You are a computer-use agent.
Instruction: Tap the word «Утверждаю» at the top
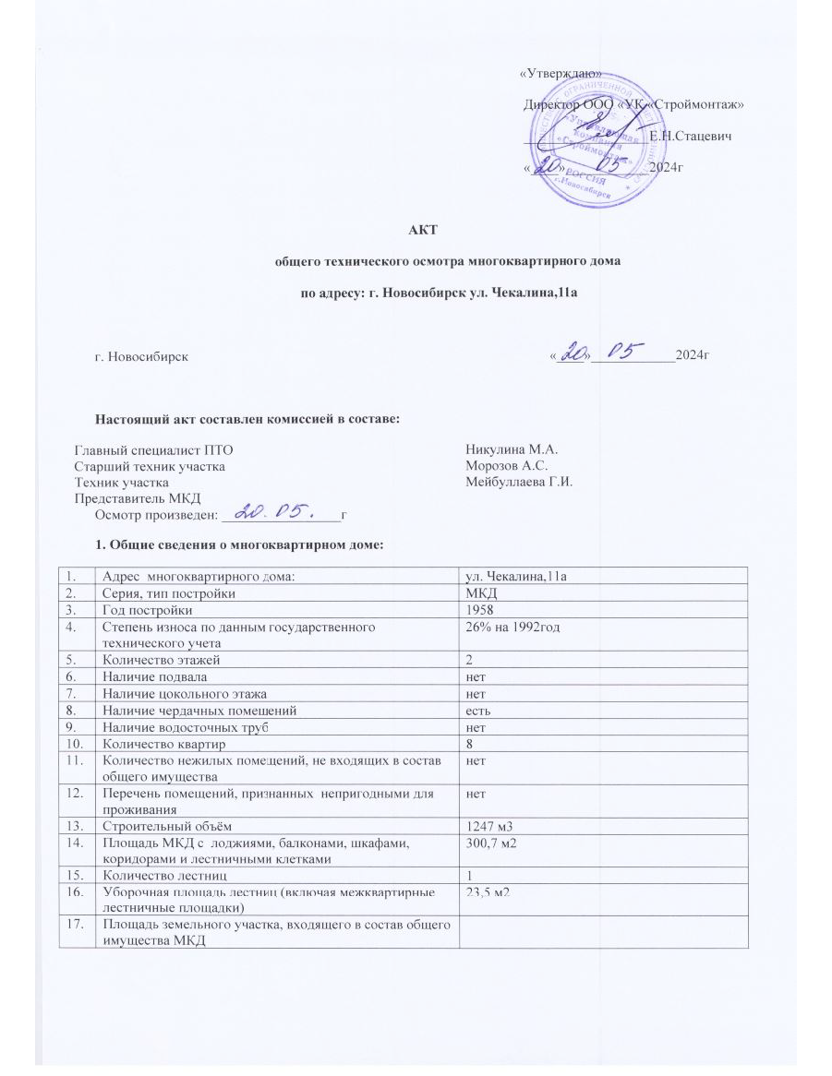(x=561, y=74)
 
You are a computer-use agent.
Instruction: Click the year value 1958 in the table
(x=480, y=610)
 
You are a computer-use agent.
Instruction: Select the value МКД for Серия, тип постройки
(x=479, y=593)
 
